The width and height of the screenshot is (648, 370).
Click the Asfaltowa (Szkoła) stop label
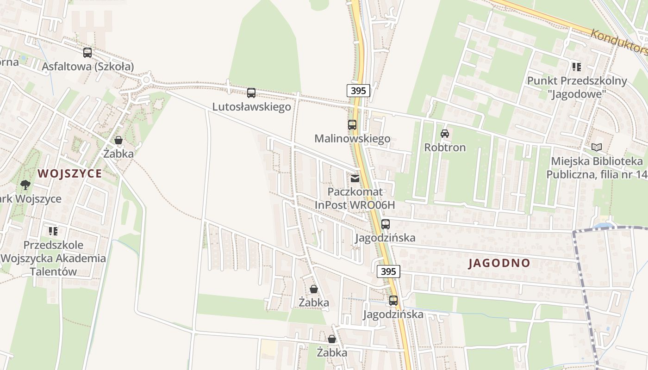[x=87, y=67]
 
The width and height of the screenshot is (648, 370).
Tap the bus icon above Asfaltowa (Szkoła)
[x=87, y=53]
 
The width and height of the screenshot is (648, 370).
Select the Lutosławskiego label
[x=251, y=107]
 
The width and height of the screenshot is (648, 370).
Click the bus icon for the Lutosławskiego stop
[x=251, y=93]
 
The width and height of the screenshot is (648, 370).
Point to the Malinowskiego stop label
[x=352, y=138]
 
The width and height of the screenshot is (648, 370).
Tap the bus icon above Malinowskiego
[x=352, y=124]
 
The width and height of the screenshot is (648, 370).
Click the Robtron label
[x=445, y=148]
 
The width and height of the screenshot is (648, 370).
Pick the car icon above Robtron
[x=445, y=134]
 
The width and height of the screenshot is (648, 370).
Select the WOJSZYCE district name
[x=69, y=173]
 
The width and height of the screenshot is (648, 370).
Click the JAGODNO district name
[x=499, y=263]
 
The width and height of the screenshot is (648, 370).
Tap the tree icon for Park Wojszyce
[x=25, y=185]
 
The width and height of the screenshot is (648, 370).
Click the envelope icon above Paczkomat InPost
[x=355, y=178]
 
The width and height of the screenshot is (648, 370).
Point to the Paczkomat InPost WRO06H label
[x=355, y=198]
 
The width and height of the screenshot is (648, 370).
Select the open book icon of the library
[x=597, y=148]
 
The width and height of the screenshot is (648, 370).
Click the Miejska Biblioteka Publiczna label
[x=597, y=168]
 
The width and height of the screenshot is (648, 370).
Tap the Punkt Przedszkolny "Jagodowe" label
[x=577, y=87]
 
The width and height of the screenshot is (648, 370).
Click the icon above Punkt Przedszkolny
[x=576, y=67]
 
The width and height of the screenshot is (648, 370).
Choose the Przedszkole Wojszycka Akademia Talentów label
[x=53, y=258]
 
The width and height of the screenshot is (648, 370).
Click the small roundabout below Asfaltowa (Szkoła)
[x=147, y=80]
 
